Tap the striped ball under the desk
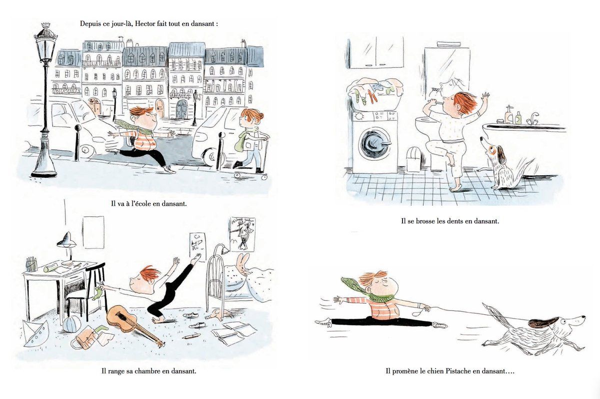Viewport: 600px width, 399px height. click(x=71, y=324)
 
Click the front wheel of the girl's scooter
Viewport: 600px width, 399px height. click(x=237, y=175)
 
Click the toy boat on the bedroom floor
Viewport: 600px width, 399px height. click(x=35, y=333)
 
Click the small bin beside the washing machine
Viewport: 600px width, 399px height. click(x=414, y=160)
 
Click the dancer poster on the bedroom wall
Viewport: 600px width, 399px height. click(x=242, y=234)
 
